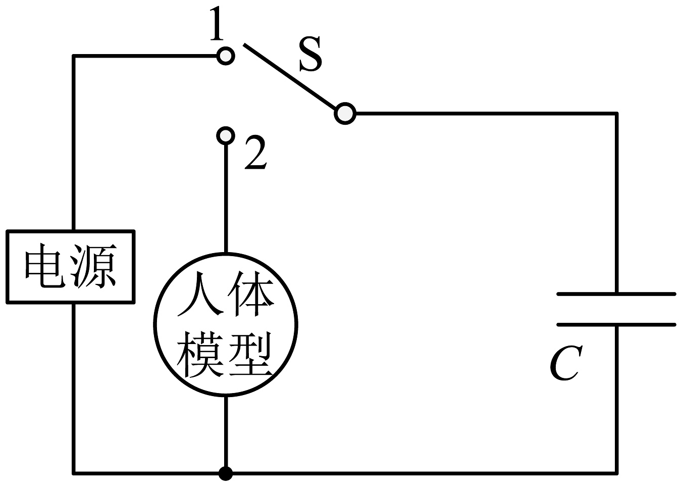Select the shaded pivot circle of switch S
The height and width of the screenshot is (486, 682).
(x=345, y=114)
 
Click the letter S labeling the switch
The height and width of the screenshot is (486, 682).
(x=310, y=55)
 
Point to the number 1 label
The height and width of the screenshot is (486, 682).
(x=216, y=25)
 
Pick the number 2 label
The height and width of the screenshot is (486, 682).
(x=255, y=153)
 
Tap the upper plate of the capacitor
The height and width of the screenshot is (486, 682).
(x=616, y=293)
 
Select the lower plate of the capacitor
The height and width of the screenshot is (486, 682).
(x=616, y=324)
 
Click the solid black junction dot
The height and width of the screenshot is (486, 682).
(x=226, y=473)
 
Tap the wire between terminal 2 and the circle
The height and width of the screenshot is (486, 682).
(x=226, y=197)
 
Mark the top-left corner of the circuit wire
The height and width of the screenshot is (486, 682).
(x=74, y=56)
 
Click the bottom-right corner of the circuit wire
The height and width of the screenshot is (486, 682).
(x=616, y=473)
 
